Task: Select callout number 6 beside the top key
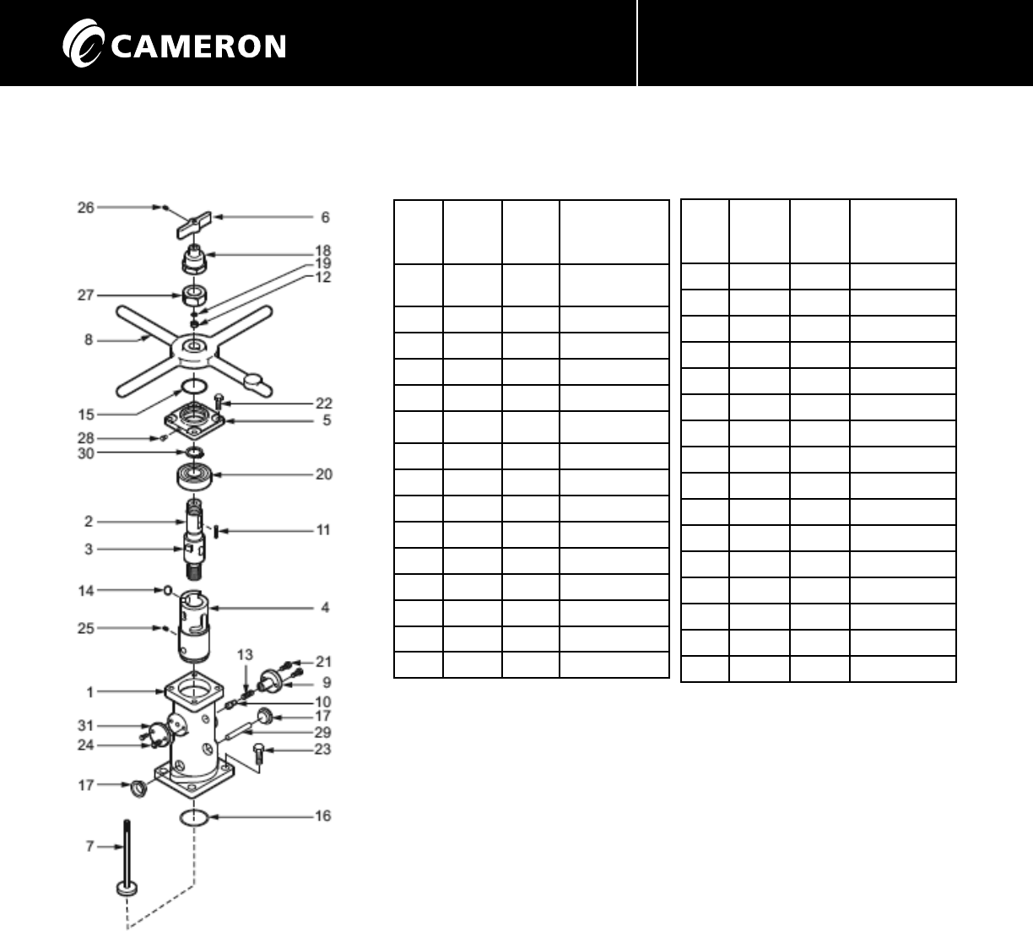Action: pos(325,217)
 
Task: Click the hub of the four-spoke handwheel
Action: pos(194,348)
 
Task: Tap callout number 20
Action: pos(324,474)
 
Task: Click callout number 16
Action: pos(323,815)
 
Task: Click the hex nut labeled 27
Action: pos(195,297)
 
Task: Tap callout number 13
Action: pos(245,654)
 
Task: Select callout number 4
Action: pos(325,607)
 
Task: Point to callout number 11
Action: pos(323,530)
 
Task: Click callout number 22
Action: pos(324,404)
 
